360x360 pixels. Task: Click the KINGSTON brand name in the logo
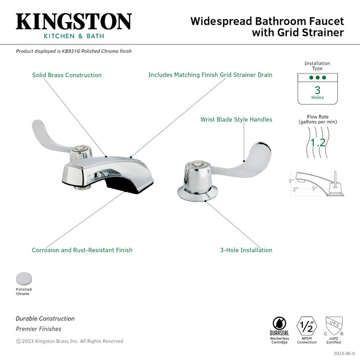(74, 21)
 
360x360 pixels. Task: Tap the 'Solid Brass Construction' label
(67, 75)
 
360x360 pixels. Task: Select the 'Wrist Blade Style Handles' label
(236, 120)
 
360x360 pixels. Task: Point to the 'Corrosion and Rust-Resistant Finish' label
(82, 250)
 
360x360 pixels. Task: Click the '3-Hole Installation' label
(246, 250)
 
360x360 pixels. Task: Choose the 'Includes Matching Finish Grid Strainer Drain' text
(210, 75)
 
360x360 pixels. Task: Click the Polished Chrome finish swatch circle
(23, 279)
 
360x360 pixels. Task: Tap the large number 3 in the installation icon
(317, 89)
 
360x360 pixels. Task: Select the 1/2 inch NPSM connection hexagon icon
(307, 326)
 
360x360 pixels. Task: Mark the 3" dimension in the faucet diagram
(291, 181)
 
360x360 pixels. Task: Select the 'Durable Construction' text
(45, 319)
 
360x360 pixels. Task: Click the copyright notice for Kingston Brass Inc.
(69, 341)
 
